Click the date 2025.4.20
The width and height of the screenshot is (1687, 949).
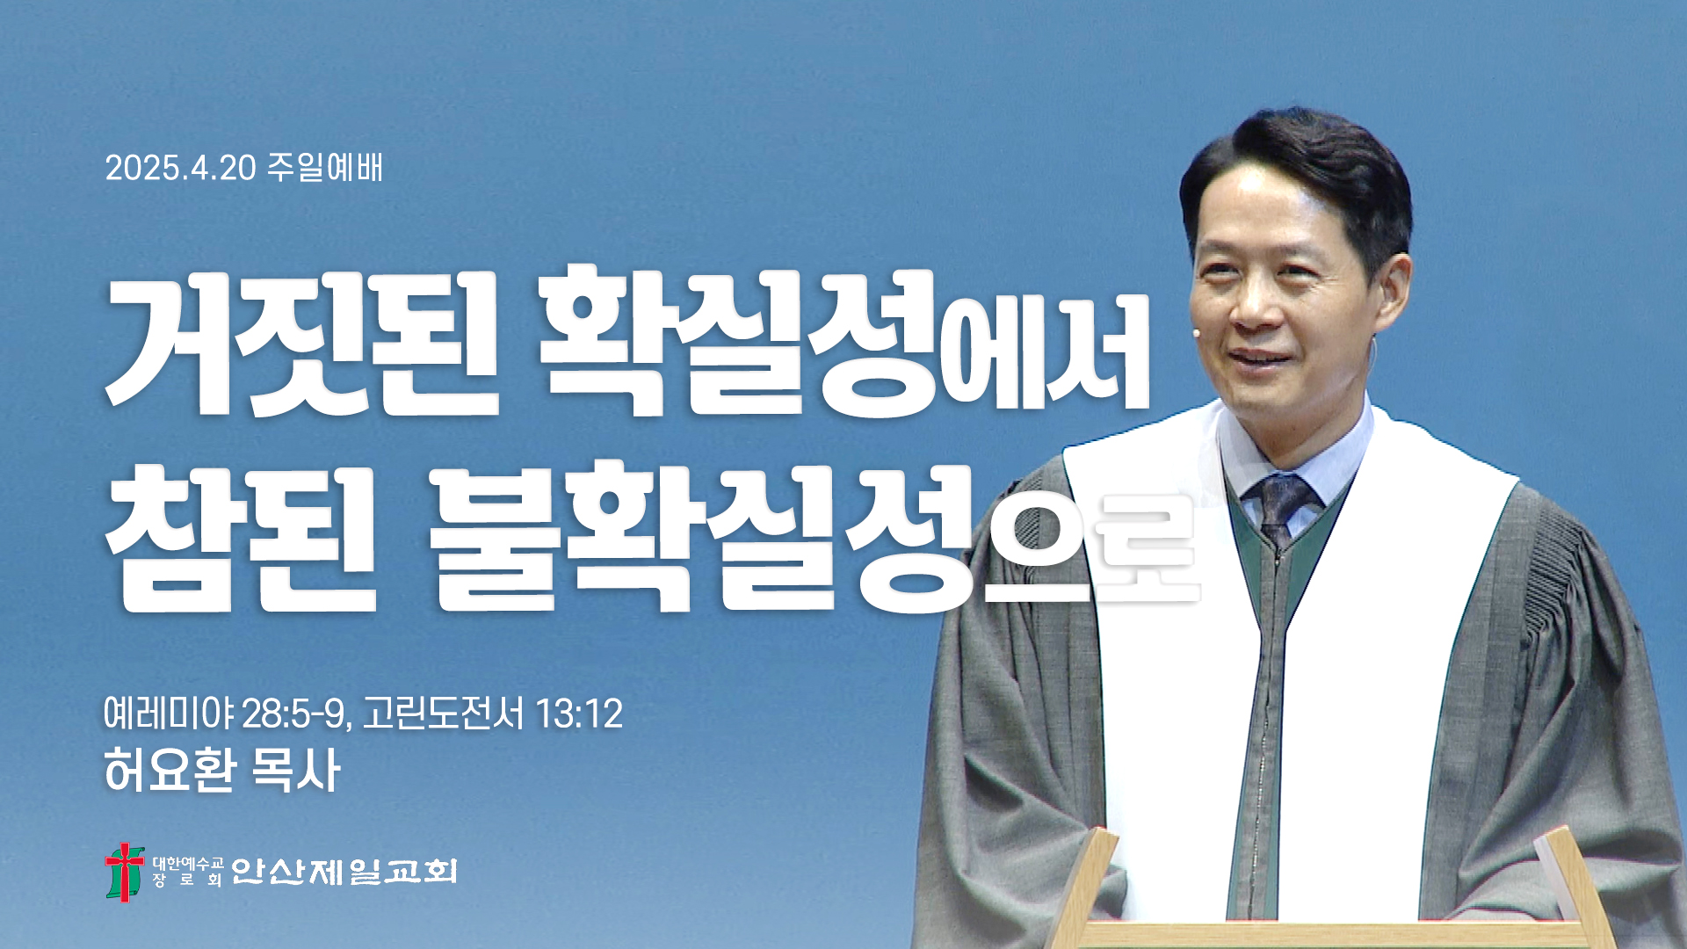click(181, 168)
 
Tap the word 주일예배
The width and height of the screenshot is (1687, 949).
click(325, 167)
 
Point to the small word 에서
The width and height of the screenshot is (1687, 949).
click(1045, 355)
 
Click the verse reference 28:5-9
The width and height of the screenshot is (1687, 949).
click(297, 714)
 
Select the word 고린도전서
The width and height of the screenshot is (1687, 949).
click(444, 713)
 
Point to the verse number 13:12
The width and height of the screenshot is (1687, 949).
click(579, 714)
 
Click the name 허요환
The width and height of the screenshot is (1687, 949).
click(170, 771)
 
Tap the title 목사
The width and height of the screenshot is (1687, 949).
click(295, 771)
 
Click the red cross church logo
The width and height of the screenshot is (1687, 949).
click(125, 872)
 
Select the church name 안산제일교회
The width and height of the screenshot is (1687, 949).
click(344, 871)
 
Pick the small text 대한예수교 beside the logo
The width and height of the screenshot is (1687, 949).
click(188, 863)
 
